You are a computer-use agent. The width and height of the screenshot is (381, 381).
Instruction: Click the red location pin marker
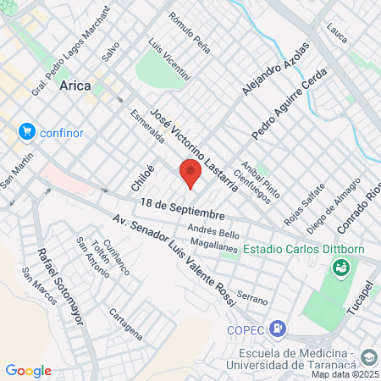coord(190,174)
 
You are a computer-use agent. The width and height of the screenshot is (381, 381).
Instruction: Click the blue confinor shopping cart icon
coord(26,131)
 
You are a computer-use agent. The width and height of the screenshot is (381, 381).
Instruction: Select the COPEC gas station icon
coord(280,329)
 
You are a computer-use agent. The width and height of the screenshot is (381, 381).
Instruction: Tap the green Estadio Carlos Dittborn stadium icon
coord(340,268)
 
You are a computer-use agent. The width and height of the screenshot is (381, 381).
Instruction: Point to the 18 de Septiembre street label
coord(183,207)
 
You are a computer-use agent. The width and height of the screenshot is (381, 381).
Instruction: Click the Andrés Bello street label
coord(214,229)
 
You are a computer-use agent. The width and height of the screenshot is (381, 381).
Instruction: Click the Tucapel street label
coord(360,297)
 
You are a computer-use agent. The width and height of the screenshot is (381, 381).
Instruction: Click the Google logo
coord(28,370)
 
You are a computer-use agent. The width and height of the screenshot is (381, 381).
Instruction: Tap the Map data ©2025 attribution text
coord(345,374)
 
